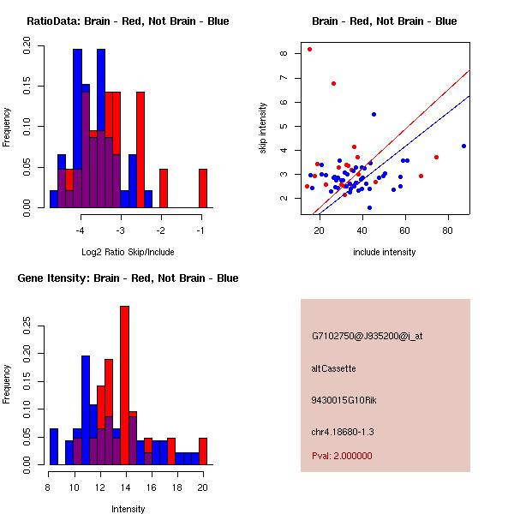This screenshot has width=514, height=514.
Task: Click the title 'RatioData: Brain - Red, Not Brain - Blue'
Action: coord(128,21)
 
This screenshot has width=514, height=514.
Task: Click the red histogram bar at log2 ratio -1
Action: coord(203,188)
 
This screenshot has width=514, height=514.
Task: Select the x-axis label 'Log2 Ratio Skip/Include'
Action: coord(128,251)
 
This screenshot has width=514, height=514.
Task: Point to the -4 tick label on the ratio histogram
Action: coord(81,230)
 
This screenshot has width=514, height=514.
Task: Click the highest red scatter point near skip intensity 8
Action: coord(309,50)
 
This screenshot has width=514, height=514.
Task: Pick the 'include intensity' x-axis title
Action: coord(385,252)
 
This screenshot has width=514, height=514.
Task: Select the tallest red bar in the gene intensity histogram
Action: coord(124,385)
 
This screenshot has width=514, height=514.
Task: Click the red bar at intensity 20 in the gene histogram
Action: coord(203,451)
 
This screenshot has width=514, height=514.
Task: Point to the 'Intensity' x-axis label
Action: coord(128,509)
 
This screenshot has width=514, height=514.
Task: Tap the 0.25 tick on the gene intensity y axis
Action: coord(27,326)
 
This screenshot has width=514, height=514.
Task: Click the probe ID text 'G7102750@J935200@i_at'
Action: coord(368,336)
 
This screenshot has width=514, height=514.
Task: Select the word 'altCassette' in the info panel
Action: coord(334,368)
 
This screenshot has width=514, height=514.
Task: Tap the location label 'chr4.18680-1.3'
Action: coord(343,430)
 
